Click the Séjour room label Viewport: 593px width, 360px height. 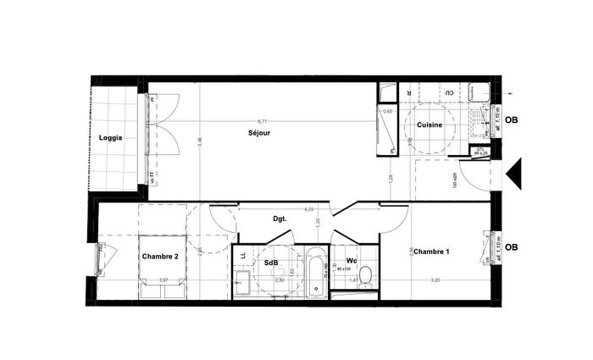click(259, 133)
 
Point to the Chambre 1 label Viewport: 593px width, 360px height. click(431, 252)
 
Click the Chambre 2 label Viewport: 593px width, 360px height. click(159, 256)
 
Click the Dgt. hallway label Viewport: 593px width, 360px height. click(279, 219)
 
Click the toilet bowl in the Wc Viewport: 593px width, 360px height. click(365, 276)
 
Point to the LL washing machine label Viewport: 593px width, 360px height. click(243, 254)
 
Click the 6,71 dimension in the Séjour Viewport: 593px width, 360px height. click(262, 121)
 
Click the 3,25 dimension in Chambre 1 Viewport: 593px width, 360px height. click(435, 280)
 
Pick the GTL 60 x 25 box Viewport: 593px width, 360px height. click(480, 152)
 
